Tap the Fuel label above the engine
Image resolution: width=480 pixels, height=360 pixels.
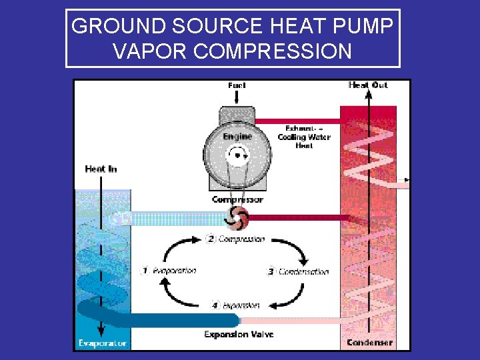coord(237,85)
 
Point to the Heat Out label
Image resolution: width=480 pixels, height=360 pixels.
coord(368,85)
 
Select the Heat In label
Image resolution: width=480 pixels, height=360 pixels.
coord(101,169)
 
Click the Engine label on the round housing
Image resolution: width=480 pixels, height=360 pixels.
coord(237,136)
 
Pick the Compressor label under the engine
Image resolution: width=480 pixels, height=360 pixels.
coord(237,199)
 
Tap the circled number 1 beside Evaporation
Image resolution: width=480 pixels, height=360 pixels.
coord(145,270)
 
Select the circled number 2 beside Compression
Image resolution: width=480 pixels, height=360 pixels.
coord(211,239)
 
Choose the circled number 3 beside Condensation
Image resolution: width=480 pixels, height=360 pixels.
coord(271,271)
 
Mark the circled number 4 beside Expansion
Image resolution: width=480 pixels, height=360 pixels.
coord(215,305)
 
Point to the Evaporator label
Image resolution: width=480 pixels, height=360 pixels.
coord(102,343)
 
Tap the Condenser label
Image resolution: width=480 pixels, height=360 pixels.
coord(369,343)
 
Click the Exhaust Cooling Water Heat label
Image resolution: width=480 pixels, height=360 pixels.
coord(304,137)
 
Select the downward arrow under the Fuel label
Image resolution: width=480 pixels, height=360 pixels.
coord(237,99)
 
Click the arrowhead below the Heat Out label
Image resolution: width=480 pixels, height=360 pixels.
coord(369,95)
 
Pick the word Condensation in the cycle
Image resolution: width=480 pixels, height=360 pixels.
coord(303,271)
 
